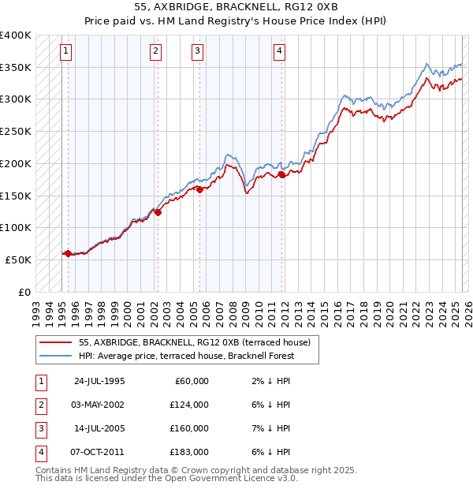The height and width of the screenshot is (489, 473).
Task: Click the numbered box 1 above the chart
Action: point(65,52)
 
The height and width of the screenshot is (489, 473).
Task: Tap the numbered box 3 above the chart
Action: point(196,52)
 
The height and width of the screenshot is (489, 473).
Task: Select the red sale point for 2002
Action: point(158,211)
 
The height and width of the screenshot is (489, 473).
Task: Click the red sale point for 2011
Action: point(281,175)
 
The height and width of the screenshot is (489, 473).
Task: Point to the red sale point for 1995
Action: point(69,253)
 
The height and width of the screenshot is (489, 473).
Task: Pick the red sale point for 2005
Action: point(199,189)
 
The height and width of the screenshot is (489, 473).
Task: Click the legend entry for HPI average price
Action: point(186,356)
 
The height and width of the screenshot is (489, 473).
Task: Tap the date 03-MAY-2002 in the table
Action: point(99,405)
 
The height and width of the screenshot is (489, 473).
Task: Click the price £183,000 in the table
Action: point(189,452)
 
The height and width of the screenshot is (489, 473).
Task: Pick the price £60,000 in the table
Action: point(192,381)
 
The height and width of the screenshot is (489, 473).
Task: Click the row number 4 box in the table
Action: point(40,452)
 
